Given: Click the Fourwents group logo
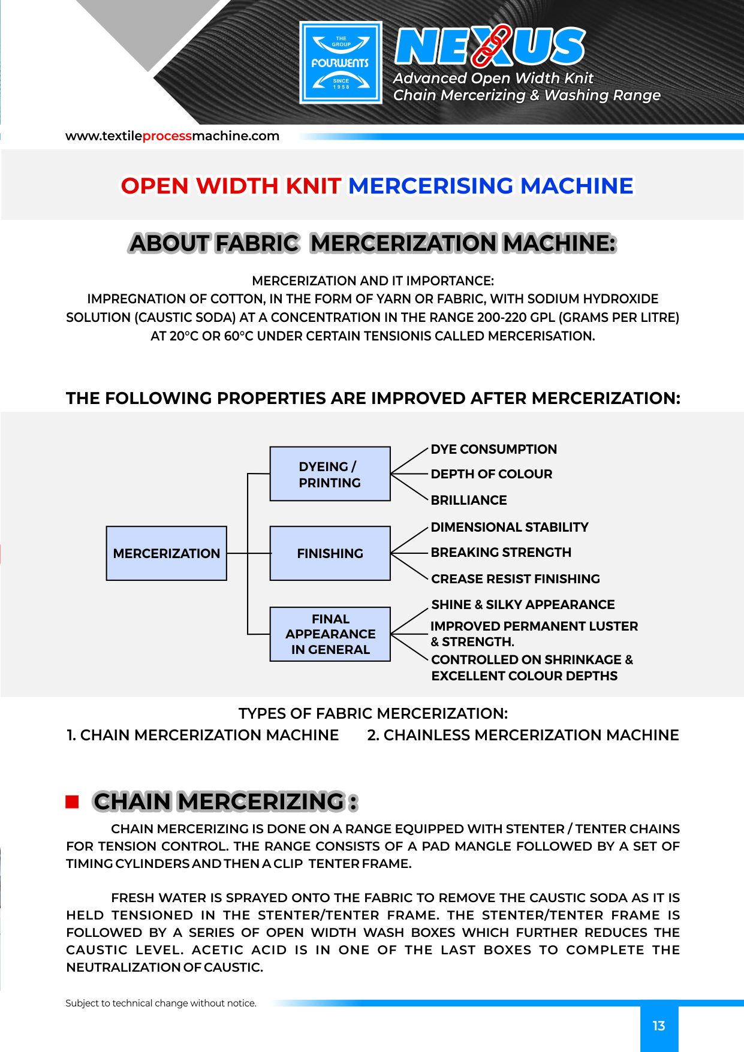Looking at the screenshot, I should (x=341, y=63).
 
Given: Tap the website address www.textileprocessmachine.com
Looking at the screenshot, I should (x=172, y=136).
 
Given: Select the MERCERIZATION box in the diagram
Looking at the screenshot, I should (x=166, y=553).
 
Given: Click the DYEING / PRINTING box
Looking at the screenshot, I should (x=330, y=474).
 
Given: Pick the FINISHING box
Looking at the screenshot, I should (x=330, y=553).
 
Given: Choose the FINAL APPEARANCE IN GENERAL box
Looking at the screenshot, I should (x=330, y=634).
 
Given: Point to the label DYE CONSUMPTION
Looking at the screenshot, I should (x=493, y=450).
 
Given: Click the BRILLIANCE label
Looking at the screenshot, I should (x=468, y=501).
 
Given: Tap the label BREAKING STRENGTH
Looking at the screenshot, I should (x=501, y=553).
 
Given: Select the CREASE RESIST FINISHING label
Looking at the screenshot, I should (x=515, y=579).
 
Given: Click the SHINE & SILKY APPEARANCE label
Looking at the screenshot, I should (x=523, y=605).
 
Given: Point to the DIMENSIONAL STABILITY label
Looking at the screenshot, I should (x=509, y=527).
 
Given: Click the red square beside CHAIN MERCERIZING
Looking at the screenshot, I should (x=72, y=802).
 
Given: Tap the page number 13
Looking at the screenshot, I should (x=659, y=1026).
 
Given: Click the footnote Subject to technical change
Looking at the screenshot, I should (x=161, y=1003).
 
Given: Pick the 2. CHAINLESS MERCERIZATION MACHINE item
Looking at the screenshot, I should (x=523, y=736).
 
